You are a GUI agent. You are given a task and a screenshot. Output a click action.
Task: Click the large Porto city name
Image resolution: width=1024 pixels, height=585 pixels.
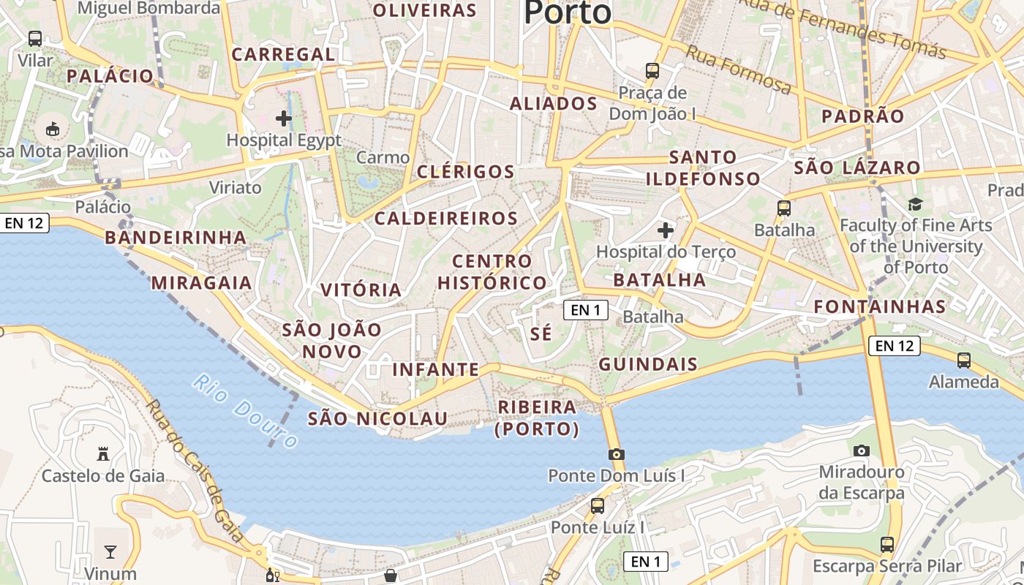click(568, 12)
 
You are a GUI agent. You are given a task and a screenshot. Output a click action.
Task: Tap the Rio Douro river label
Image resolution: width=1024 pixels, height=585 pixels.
click(246, 411)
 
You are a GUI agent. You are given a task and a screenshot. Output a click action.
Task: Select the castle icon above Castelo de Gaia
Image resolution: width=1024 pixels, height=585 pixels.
click(103, 454)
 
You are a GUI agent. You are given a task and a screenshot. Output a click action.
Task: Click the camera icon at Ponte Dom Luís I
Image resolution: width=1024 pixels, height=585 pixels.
click(616, 454)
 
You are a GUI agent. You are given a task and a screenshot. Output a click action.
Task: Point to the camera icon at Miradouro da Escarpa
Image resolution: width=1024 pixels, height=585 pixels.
click(862, 450)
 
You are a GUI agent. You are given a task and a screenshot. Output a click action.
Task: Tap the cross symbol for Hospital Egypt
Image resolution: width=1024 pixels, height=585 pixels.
click(284, 118)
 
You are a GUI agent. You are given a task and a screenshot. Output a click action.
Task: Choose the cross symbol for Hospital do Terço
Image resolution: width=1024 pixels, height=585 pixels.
click(666, 230)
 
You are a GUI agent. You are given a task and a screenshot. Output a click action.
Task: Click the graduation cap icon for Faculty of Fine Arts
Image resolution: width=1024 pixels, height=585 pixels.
click(915, 203)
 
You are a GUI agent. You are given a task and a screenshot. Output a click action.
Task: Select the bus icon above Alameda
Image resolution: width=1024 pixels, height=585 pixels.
click(964, 360)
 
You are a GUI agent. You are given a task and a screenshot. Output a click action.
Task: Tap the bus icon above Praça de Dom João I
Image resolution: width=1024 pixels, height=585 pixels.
click(652, 71)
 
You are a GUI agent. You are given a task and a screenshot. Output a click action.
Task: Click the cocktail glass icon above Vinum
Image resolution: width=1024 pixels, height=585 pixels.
click(110, 551)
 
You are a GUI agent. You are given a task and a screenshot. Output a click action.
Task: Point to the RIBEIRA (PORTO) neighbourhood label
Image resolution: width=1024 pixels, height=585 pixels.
click(537, 418)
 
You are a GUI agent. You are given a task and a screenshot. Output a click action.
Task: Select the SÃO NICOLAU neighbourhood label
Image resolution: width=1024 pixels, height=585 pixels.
click(377, 418)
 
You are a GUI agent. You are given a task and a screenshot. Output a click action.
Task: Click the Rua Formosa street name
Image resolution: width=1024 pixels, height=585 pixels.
click(738, 69)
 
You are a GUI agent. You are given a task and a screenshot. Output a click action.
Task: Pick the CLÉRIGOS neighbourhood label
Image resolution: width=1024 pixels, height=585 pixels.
click(466, 172)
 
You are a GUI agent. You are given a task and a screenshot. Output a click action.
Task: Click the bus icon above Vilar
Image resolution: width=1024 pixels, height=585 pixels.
click(35, 39)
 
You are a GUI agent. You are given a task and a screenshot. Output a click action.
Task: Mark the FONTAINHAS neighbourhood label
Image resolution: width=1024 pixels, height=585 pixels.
click(880, 306)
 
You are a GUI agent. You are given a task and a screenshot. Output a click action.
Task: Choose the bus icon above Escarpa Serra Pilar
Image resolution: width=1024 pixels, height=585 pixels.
click(886, 544)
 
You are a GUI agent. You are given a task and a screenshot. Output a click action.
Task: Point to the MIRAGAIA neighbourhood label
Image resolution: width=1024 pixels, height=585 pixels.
click(201, 283)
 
